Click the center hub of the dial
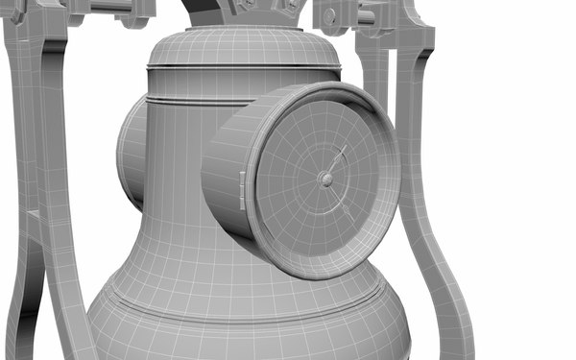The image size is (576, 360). coord(326,180)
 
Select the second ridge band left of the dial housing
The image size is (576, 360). coord(182,101)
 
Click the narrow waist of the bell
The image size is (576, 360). coord(182,230)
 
